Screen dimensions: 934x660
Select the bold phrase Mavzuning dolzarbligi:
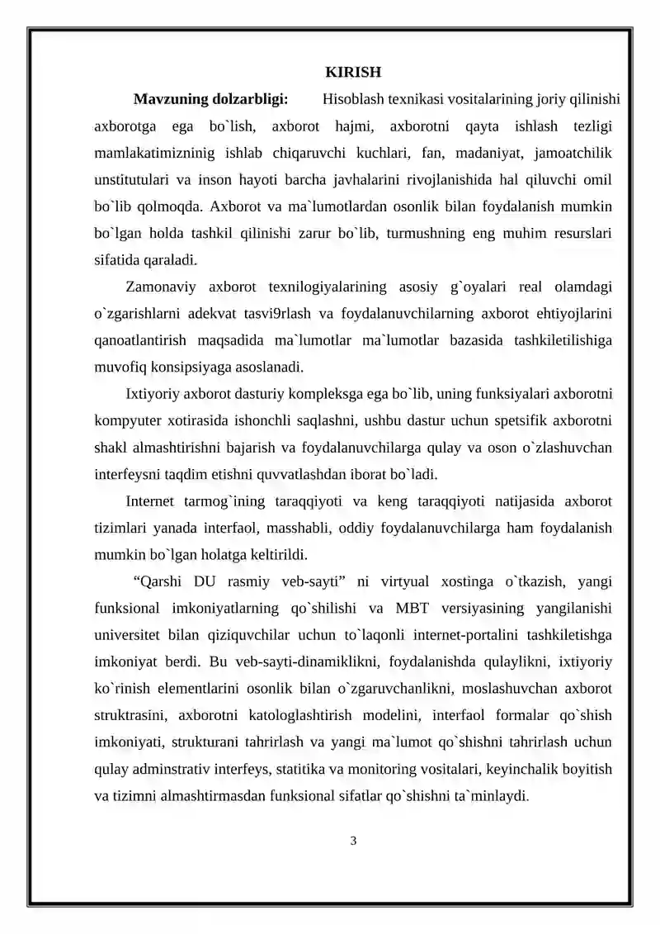click(210, 100)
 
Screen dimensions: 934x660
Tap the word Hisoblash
click(353, 100)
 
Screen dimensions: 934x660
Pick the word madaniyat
click(466, 153)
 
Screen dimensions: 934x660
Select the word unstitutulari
click(135, 179)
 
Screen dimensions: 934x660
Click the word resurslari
click(580, 234)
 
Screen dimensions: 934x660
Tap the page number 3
click(353, 841)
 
